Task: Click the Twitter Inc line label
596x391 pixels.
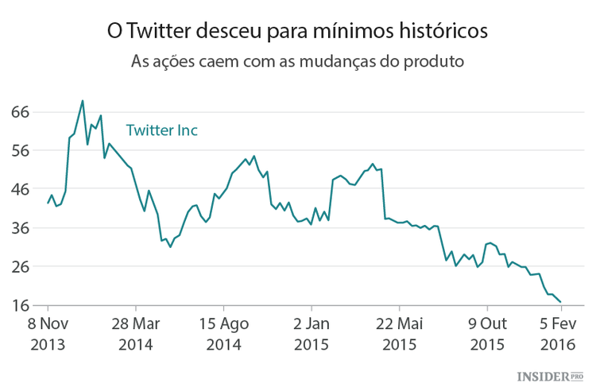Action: click(x=162, y=130)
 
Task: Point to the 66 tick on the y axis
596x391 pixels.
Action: click(x=20, y=112)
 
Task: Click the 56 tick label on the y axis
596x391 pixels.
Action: click(x=20, y=151)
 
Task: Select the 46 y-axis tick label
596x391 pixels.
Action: click(x=20, y=189)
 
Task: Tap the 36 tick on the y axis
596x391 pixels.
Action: click(x=20, y=228)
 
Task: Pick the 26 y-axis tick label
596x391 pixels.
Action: click(x=20, y=267)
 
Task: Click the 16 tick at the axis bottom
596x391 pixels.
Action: click(x=20, y=306)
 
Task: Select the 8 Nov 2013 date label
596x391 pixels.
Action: click(x=48, y=335)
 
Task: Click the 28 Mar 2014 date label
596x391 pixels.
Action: click(x=136, y=335)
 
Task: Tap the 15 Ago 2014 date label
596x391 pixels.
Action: click(x=223, y=335)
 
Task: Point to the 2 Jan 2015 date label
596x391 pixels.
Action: click(x=312, y=335)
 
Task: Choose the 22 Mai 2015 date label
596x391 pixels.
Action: click(x=400, y=335)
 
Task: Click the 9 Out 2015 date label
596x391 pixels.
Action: click(x=487, y=335)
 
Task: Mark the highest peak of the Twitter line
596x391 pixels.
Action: click(x=83, y=101)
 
